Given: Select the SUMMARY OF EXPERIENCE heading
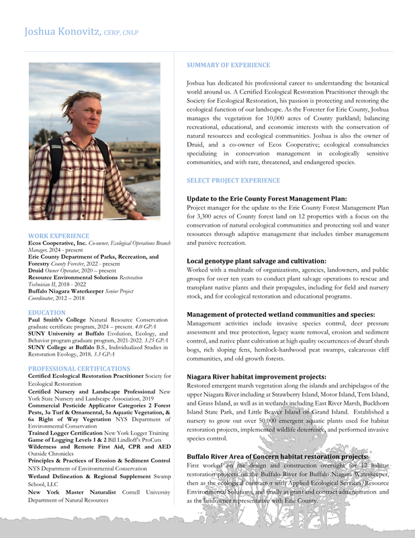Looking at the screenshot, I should coord(223,65).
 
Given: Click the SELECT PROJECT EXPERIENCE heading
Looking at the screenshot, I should coord(233,181).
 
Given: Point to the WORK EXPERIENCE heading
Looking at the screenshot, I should coord(56,236).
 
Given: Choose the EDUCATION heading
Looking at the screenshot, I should coord(46,313).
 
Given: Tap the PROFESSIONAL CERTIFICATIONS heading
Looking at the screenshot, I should coord(79,369).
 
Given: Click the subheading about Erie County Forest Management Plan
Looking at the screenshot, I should coord(267,198).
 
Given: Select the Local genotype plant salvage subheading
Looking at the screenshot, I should coord(257,261).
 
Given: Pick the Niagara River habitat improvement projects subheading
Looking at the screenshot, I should coord(257,377).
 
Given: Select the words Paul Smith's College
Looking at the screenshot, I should coord(56,321).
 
